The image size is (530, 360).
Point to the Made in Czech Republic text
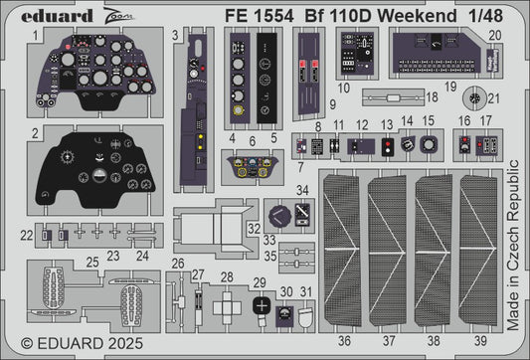[x=513, y=245]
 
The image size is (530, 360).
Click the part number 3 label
[x=175, y=36]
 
